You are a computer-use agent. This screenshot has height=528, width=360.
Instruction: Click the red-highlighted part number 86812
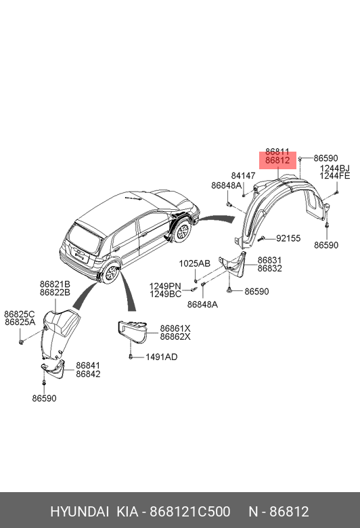[277, 160]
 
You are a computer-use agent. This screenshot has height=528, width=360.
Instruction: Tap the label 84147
[243, 176]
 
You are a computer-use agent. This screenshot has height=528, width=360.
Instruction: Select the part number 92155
[288, 238]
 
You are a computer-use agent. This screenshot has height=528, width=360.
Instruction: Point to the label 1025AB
[194, 263]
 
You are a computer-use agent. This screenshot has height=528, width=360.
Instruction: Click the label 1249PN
[165, 286]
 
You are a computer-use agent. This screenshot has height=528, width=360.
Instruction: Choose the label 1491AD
[161, 357]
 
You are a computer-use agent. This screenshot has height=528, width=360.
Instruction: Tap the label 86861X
[175, 328]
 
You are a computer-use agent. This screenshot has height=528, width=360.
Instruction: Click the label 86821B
[55, 284]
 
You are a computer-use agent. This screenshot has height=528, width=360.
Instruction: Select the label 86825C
[20, 314]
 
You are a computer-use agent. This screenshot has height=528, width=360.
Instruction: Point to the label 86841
[88, 366]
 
